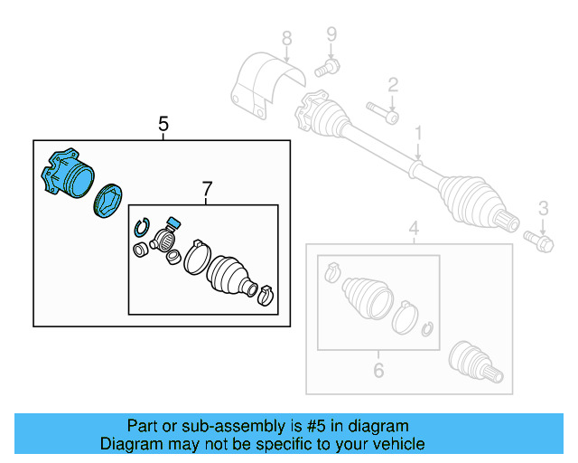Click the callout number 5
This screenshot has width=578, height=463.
(x=163, y=124)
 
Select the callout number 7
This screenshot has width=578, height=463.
(x=207, y=189)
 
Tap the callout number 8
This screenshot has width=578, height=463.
(x=286, y=39)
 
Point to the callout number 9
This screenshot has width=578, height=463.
(x=331, y=35)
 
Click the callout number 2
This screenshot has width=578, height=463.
(x=393, y=86)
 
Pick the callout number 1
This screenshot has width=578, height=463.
(x=419, y=135)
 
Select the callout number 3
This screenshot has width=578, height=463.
(x=543, y=210)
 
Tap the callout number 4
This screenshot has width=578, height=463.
(x=414, y=228)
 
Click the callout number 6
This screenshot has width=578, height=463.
(x=378, y=369)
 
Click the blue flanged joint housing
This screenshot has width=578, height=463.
(x=68, y=174)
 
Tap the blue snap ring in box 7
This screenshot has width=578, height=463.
(x=140, y=227)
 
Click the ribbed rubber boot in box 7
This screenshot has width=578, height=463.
(x=230, y=275)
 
